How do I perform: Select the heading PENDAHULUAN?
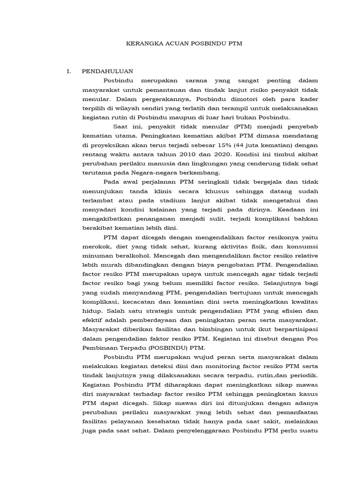(107, 71)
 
